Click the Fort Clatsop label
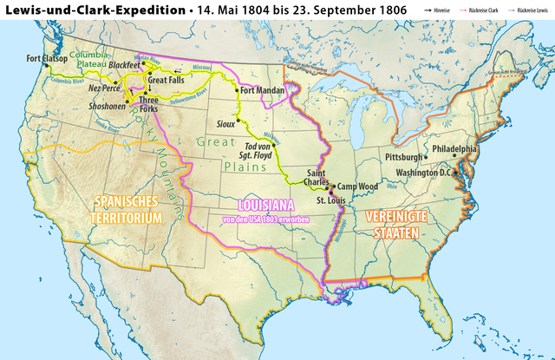(46, 59)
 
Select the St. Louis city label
(330, 201)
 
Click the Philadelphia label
(454, 149)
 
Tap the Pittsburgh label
(403, 157)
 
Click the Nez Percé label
(104, 88)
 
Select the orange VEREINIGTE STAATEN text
(393, 224)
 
